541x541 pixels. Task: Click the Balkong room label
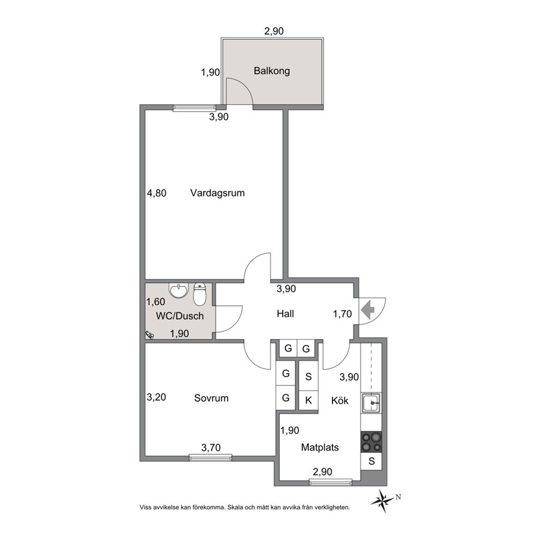[272, 71]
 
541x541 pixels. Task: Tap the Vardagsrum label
[218, 193]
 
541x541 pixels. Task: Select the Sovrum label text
[211, 398]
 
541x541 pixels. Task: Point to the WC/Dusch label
[180, 316]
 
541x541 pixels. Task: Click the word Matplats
[320, 448]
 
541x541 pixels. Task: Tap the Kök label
[340, 401]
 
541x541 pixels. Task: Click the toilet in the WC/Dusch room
[200, 294]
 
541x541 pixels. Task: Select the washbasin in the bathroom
[179, 290]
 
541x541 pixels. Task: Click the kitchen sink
[371, 402]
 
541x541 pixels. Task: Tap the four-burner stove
[371, 442]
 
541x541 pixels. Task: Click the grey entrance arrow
[368, 310]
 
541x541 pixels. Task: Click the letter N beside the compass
[398, 497]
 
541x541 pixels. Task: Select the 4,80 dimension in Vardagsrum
[157, 193]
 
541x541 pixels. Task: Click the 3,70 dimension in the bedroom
[211, 448]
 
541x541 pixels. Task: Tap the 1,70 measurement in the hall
[342, 314]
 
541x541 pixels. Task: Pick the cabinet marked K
[309, 401]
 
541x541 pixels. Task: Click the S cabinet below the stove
[371, 461]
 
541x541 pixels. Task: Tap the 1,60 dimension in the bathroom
[155, 302]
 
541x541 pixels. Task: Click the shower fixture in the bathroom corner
[150, 334]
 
